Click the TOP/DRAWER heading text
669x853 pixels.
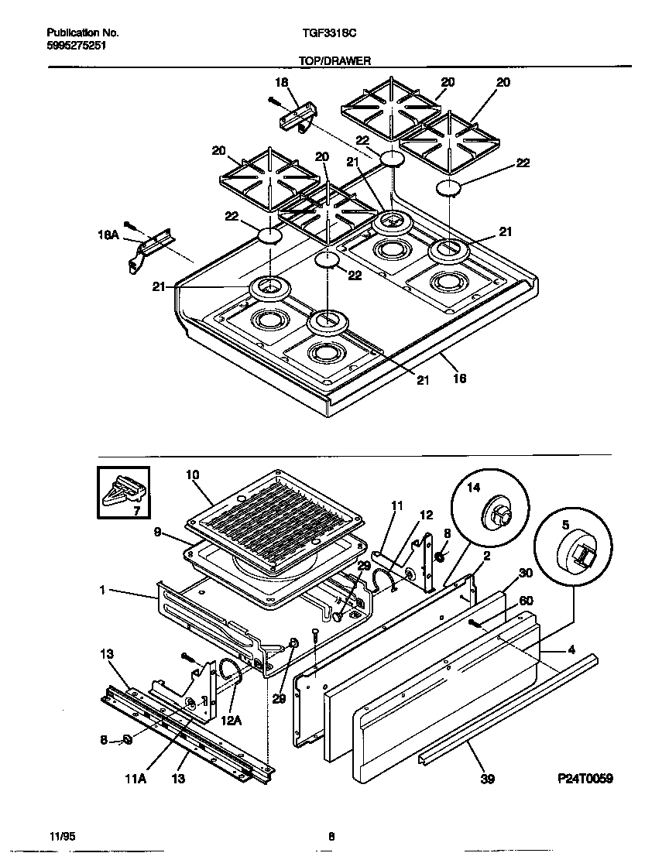pyautogui.click(x=334, y=60)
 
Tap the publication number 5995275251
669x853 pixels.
pyautogui.click(x=76, y=46)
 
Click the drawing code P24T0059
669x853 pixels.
pyautogui.click(x=585, y=779)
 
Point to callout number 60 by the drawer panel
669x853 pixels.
pyautogui.click(x=526, y=600)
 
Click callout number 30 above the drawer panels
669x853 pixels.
pyautogui.click(x=526, y=574)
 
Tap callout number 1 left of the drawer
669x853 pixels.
pyautogui.click(x=103, y=591)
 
